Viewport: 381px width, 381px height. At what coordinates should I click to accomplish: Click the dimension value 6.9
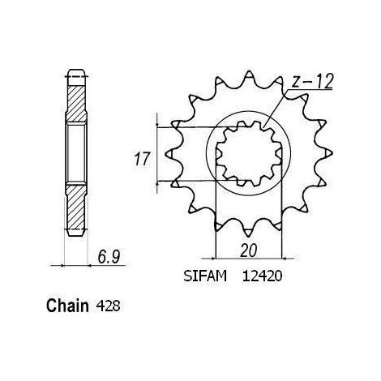click(109, 257)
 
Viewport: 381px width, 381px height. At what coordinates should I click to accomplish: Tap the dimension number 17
click(142, 159)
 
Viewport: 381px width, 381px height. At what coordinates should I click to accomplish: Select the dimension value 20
click(249, 250)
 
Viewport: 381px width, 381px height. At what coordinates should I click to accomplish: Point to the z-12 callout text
click(312, 81)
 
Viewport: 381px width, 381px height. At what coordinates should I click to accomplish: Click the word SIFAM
click(205, 276)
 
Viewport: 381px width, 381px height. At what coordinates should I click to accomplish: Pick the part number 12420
click(262, 276)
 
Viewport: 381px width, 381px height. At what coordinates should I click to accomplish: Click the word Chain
click(67, 306)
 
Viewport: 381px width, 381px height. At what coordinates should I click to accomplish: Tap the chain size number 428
click(108, 306)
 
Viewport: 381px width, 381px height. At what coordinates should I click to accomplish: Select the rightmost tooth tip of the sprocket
click(332, 153)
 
